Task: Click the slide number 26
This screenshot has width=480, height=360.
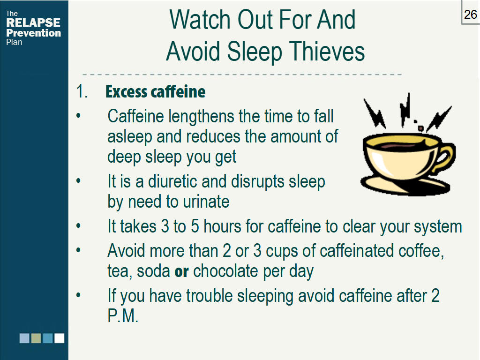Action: pyautogui.click(x=470, y=15)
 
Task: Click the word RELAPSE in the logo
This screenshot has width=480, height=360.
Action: pyautogui.click(x=33, y=22)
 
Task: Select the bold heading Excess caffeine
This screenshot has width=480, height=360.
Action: pyautogui.click(x=155, y=92)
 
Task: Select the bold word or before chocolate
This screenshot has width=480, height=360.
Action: pyautogui.click(x=181, y=271)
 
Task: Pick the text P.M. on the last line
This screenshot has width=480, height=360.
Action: pyautogui.click(x=123, y=316)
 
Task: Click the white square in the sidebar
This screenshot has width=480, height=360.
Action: pyautogui.click(x=59, y=338)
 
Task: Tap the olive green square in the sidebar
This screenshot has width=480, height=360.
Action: pyautogui.click(x=36, y=338)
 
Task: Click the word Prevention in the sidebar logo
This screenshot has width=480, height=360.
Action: pyautogui.click(x=33, y=33)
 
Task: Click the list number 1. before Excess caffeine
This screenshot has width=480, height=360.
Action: pyautogui.click(x=82, y=92)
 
